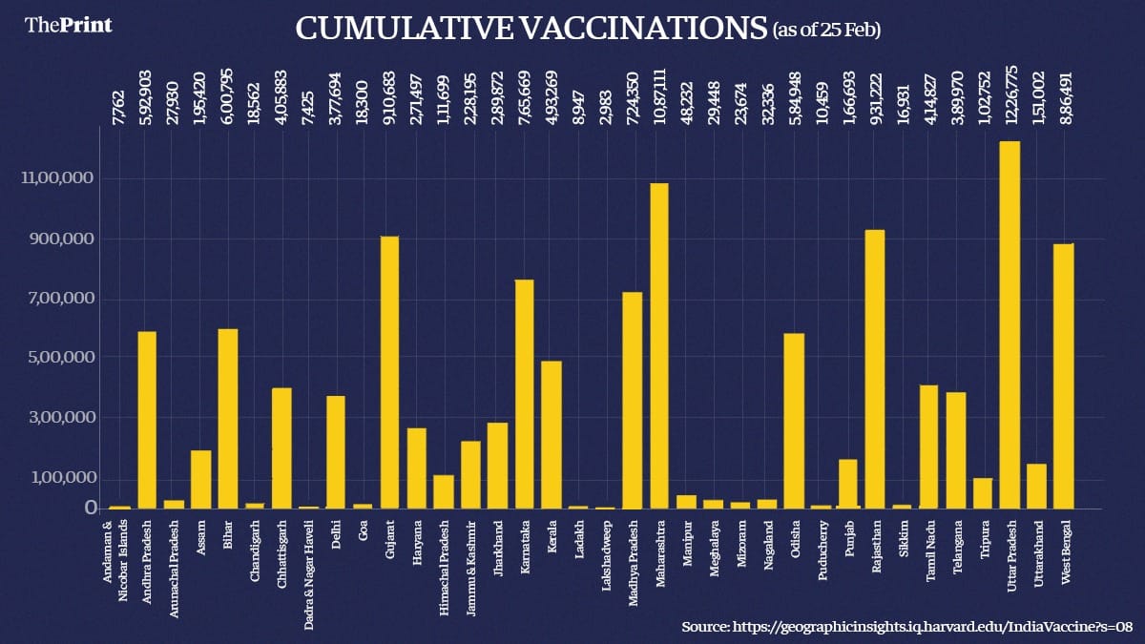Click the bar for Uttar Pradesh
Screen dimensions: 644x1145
(1010, 324)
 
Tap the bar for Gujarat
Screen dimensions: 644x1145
(389, 372)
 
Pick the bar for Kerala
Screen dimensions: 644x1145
(552, 434)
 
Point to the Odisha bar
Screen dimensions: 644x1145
(794, 421)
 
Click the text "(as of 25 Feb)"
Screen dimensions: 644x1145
(826, 31)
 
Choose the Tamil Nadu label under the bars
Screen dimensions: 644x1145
(930, 542)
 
